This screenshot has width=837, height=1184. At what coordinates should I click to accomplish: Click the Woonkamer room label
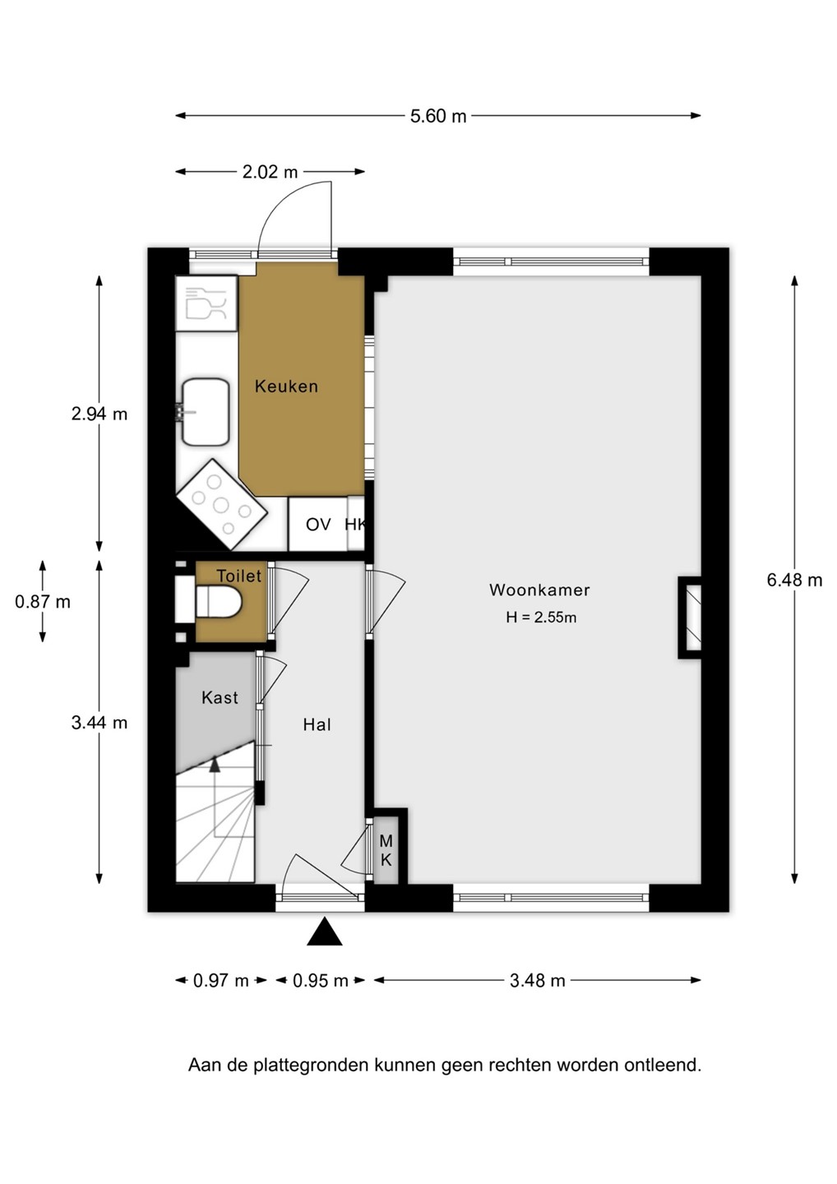(539, 590)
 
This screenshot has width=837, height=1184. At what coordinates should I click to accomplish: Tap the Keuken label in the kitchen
(286, 386)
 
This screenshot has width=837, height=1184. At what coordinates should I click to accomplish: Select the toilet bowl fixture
(218, 603)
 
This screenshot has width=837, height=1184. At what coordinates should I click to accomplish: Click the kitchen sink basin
(206, 412)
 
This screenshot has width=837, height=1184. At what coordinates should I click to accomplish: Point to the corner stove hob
(221, 505)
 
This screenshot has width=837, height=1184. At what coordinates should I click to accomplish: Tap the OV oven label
(318, 525)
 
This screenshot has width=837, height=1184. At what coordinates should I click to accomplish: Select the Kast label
(220, 698)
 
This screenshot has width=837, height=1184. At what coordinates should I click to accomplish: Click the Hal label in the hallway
(317, 724)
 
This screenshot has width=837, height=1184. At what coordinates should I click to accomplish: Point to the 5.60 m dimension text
(438, 116)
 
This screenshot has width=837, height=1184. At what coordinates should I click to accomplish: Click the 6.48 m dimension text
(794, 580)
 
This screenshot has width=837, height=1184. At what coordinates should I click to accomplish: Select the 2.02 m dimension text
(270, 173)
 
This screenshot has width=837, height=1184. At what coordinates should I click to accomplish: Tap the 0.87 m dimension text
(43, 602)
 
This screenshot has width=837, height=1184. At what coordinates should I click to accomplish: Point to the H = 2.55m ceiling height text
(541, 617)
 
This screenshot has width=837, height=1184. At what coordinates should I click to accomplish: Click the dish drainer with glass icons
(206, 303)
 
